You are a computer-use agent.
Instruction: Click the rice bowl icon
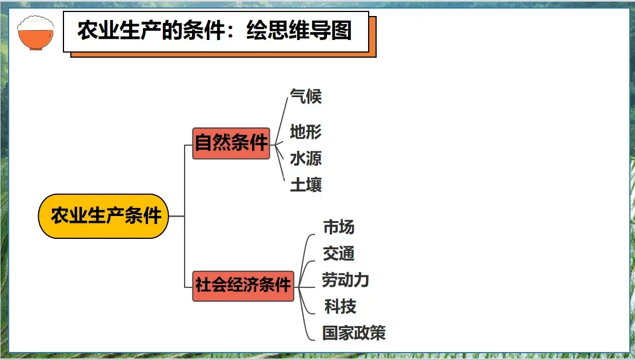tap(36, 33)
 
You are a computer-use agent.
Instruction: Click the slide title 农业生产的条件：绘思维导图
tap(214, 31)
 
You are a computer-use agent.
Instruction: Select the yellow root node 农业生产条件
tap(103, 216)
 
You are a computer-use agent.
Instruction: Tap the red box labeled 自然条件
tap(231, 143)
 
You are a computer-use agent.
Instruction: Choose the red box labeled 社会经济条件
tap(243, 285)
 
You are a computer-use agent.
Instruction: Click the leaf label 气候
tap(306, 96)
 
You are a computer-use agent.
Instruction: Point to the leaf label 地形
tap(306, 132)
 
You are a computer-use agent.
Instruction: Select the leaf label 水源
tap(306, 158)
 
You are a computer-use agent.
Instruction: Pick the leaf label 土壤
tap(306, 185)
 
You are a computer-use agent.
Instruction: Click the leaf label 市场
tap(339, 227)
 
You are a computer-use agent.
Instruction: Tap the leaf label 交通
tap(339, 253)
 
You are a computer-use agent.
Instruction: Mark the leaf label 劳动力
tap(345, 280)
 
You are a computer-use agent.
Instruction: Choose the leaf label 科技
tap(340, 306)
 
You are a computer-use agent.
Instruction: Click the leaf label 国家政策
tap(354, 333)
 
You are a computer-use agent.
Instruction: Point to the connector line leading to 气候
tap(280, 117)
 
